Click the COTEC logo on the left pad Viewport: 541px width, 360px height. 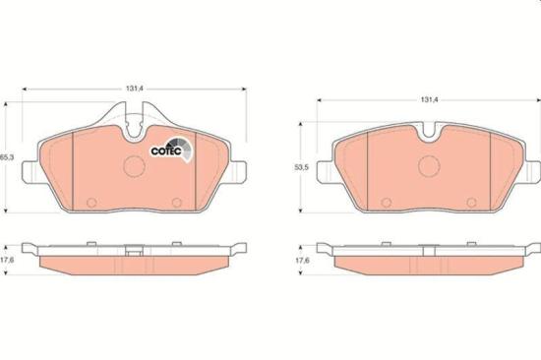pyautogui.click(x=166, y=150)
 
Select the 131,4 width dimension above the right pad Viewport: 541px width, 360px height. pyautogui.click(x=428, y=99)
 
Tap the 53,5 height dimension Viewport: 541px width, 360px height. pyautogui.click(x=306, y=168)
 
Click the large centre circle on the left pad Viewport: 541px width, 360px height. pyautogui.click(x=134, y=166)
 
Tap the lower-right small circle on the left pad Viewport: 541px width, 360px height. pyautogui.click(x=178, y=204)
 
